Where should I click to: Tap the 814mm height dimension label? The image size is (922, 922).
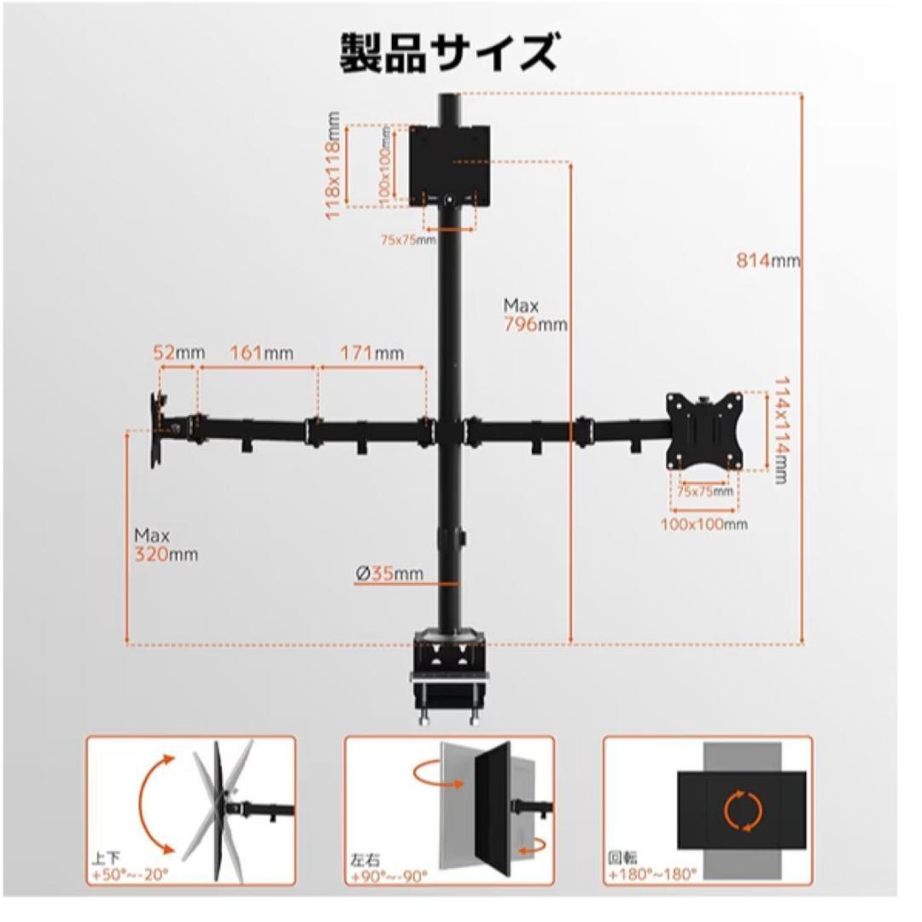(x=768, y=261)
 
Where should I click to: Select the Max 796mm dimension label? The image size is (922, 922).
(x=534, y=315)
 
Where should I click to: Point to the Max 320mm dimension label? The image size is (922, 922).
(x=166, y=545)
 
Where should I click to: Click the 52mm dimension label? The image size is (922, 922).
(x=178, y=353)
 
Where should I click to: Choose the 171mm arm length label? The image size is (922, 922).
(x=371, y=353)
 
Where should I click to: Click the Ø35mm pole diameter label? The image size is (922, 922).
(x=389, y=575)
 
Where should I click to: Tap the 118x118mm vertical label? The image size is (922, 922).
(x=333, y=166)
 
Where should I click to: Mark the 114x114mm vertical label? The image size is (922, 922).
(x=779, y=430)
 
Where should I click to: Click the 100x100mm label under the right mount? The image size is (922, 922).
(x=703, y=523)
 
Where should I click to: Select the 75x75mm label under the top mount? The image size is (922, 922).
(x=408, y=241)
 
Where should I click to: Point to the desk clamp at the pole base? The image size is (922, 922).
(x=449, y=674)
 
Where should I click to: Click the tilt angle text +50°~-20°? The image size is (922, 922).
(x=131, y=874)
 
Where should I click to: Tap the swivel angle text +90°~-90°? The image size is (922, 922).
(x=388, y=874)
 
